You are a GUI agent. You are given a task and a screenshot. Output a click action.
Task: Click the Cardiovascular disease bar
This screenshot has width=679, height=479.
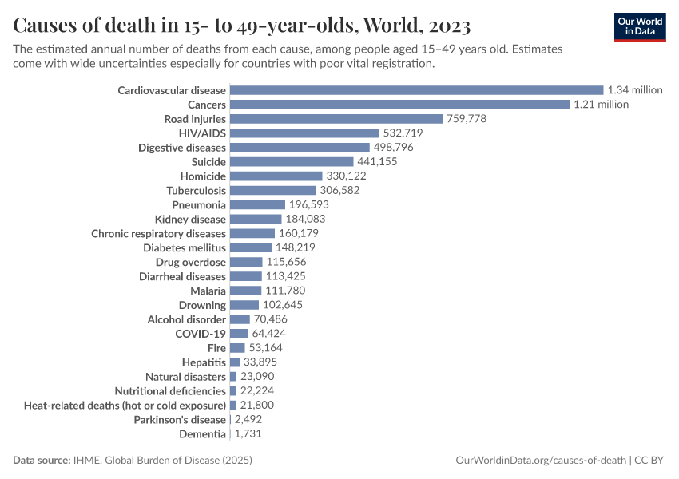click(x=416, y=90)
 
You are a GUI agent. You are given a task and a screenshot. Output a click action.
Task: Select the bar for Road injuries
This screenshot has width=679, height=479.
click(x=336, y=119)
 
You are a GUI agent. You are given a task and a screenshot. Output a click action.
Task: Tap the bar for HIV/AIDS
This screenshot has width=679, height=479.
click(x=304, y=133)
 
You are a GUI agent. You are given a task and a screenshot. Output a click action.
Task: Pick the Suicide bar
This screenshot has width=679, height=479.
click(x=292, y=162)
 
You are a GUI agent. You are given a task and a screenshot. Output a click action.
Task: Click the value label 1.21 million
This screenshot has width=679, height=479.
click(x=601, y=105)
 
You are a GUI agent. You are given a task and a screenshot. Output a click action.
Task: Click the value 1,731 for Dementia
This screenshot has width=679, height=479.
click(x=247, y=434)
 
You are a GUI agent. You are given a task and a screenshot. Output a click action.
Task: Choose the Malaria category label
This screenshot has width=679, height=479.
click(x=208, y=291)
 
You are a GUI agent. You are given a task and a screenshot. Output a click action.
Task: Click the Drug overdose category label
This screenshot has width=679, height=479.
click(x=191, y=262)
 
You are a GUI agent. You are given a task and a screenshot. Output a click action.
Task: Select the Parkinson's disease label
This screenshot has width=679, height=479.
click(x=180, y=420)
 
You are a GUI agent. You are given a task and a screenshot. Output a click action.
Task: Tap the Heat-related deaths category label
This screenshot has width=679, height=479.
click(x=125, y=406)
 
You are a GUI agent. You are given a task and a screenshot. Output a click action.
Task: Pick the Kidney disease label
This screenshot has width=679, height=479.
click(x=190, y=219)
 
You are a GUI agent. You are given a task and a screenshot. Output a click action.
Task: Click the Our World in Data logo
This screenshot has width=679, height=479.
click(x=640, y=26)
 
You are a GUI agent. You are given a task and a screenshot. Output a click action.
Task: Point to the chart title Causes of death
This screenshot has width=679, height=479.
click(x=241, y=25)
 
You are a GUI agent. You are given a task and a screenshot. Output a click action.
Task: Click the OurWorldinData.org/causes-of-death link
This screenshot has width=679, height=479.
click(x=540, y=461)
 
